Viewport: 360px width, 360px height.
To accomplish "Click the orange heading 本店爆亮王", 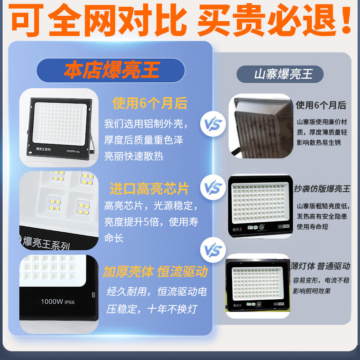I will pyautogui.click(x=111, y=71).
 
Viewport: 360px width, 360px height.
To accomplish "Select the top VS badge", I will pyautogui.click(x=212, y=124).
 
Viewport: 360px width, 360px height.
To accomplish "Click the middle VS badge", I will pyautogui.click(x=212, y=185).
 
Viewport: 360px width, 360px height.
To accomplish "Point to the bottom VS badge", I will pyautogui.click(x=212, y=249).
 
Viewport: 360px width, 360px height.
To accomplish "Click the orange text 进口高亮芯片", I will pyautogui.click(x=149, y=188).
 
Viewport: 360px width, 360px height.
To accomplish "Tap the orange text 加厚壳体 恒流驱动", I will pyautogui.click(x=155, y=272).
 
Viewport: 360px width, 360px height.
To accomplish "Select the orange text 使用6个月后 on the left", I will pyautogui.click(x=150, y=103).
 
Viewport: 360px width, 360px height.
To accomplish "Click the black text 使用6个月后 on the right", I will pyautogui.click(x=321, y=105).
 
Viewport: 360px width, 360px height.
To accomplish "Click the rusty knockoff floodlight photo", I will pyautogui.click(x=261, y=126).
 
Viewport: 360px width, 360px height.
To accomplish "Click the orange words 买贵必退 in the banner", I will pyautogui.click(x=274, y=22).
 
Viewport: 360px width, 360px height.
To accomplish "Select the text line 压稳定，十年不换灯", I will pyautogui.click(x=152, y=310).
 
